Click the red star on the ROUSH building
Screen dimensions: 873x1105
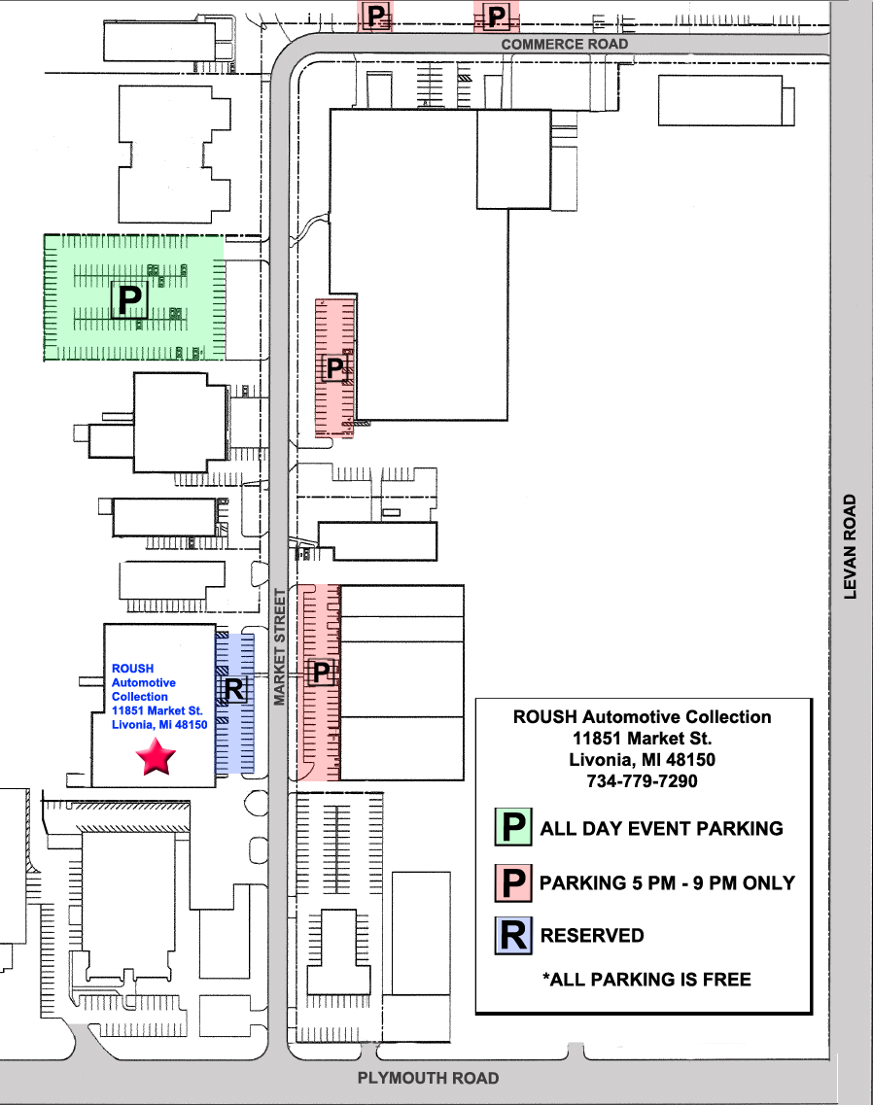(x=156, y=757)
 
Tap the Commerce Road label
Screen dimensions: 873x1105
(x=564, y=45)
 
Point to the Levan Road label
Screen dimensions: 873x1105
(x=850, y=546)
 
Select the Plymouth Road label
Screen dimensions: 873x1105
(x=428, y=1078)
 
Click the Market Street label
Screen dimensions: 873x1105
(x=280, y=647)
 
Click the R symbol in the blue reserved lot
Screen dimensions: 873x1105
(x=234, y=688)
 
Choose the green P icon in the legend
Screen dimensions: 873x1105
(x=513, y=827)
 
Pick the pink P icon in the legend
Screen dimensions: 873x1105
(x=513, y=883)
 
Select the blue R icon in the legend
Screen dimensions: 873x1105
(x=513, y=936)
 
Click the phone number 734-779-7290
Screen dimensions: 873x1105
(x=642, y=780)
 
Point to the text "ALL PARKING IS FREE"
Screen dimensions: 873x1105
(x=646, y=979)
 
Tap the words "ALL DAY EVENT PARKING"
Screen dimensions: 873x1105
(x=661, y=828)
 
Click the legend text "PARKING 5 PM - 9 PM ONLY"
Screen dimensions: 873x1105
(x=667, y=882)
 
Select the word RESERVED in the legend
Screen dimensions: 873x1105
(x=592, y=935)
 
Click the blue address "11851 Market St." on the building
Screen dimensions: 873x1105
(x=157, y=710)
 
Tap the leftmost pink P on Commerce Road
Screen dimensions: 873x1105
(x=376, y=16)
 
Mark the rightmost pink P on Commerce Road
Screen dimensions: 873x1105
(x=497, y=16)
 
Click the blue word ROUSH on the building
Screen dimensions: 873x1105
(x=132, y=668)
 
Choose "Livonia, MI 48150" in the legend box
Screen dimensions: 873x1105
(x=642, y=760)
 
